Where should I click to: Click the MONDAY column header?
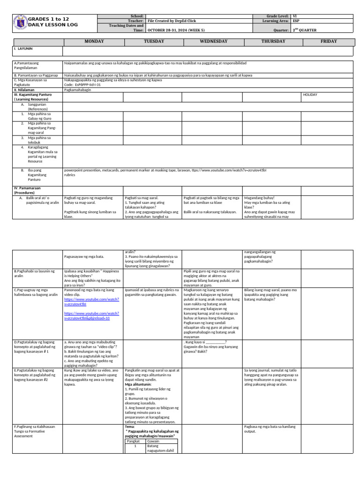click(94, 41)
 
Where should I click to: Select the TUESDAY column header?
click(154, 41)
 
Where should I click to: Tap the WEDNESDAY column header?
click(213, 41)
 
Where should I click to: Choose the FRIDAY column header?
click(329, 41)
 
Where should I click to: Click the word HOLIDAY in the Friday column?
click(310, 95)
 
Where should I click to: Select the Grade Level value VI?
click(294, 16)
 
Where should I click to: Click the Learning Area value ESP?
click(295, 21)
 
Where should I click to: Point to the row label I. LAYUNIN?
click(23, 49)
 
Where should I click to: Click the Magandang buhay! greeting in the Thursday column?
click(258, 198)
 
